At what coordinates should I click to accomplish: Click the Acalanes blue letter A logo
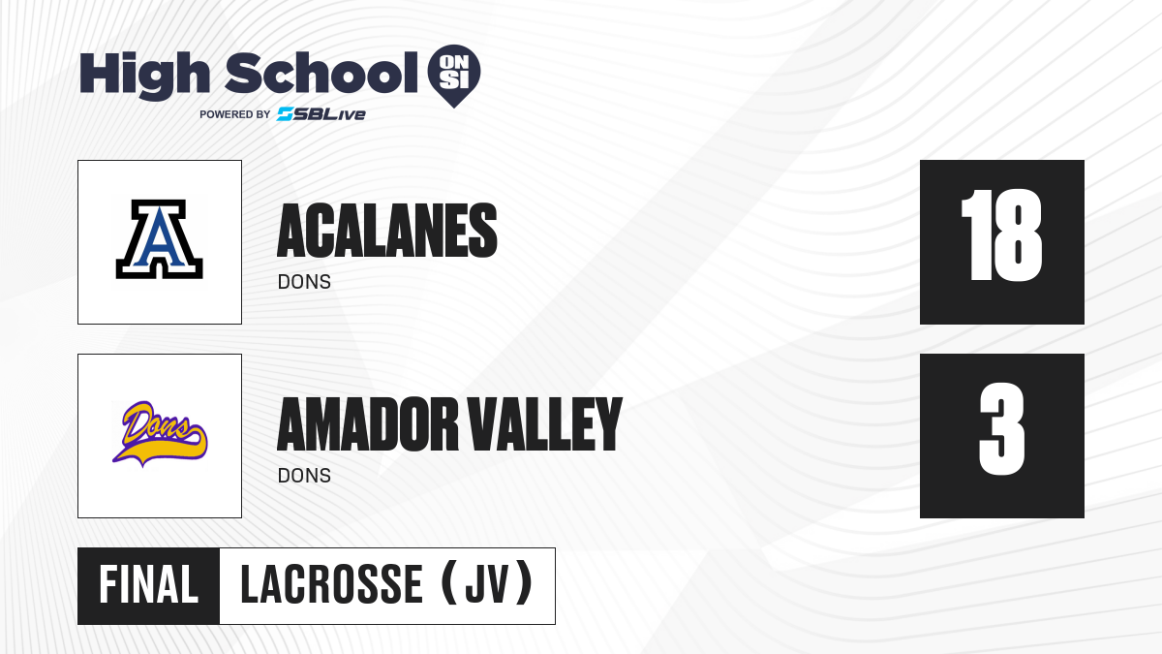point(159,239)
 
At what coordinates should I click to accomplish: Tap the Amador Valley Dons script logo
point(160,433)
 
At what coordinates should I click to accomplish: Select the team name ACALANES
point(387,231)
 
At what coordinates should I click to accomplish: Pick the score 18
point(1001,235)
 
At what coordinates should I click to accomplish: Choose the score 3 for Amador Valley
point(1001,428)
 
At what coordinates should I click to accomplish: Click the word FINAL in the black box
point(148,585)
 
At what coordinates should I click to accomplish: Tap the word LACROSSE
point(331,585)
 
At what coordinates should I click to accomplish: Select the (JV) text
point(487,584)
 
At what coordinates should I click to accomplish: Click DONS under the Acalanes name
point(304,282)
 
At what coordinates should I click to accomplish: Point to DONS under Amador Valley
point(304,476)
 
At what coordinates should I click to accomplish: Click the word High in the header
point(144,75)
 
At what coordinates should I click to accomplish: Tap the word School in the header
point(321,73)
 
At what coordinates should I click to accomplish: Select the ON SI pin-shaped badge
point(454,76)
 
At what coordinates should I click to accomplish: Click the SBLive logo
point(321,113)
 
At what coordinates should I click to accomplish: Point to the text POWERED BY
point(234,114)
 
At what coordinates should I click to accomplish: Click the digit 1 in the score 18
point(976,235)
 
